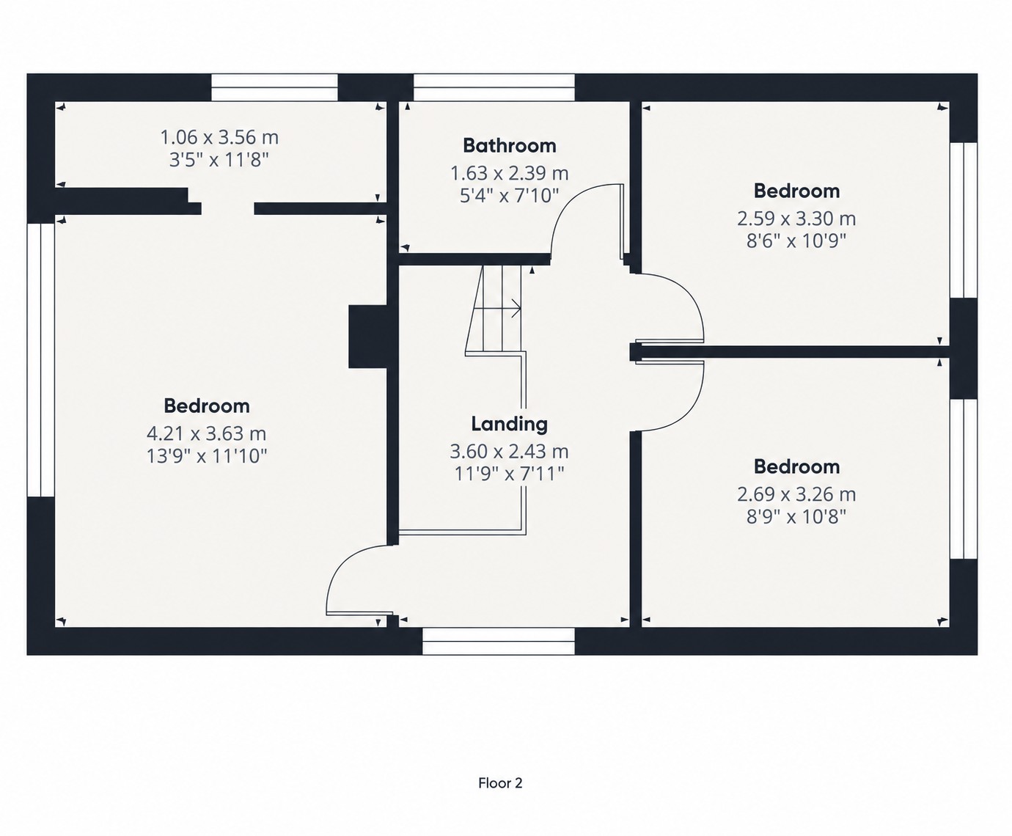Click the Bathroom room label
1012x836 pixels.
click(x=510, y=145)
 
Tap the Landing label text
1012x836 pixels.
click(x=510, y=424)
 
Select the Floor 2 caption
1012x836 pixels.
click(x=500, y=783)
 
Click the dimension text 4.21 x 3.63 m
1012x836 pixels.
click(x=207, y=433)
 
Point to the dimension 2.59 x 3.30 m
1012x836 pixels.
click(x=796, y=219)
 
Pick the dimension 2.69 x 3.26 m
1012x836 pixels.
click(x=796, y=494)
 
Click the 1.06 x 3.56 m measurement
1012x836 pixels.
click(x=219, y=137)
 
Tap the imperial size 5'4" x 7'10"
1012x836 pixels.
click(x=510, y=195)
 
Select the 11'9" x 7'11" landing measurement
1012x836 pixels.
click(x=510, y=474)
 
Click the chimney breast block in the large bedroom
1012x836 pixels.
click(x=368, y=337)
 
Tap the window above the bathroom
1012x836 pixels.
click(x=494, y=87)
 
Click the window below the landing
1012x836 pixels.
click(x=499, y=641)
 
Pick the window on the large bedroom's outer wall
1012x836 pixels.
click(x=41, y=359)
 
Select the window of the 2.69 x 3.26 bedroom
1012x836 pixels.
click(x=964, y=480)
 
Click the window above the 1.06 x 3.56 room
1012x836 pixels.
click(x=274, y=87)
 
